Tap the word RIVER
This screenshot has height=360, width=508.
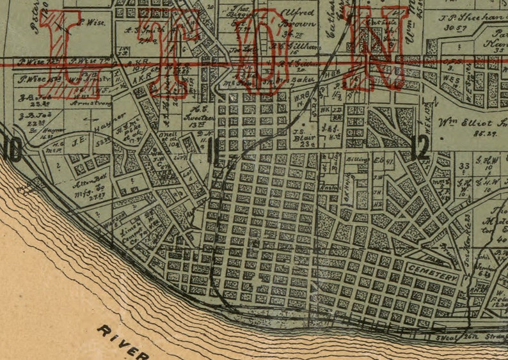[122, 341]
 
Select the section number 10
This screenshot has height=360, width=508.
[12, 150]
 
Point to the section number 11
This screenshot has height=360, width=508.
[213, 151]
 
